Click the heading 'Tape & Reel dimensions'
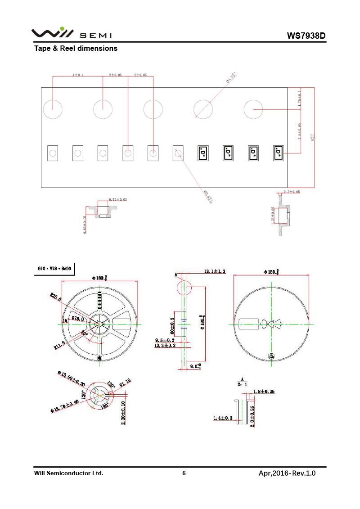pos(76,48)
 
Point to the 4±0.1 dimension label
pos(78,75)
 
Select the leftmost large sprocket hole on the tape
pos(52,109)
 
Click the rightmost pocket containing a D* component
pos(279,153)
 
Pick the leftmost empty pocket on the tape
pos(53,153)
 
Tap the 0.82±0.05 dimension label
pos(118,199)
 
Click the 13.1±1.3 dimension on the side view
pos(215,271)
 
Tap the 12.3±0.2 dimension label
pos(165,345)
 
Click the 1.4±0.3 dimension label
pos(223,419)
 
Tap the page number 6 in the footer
pos(184,473)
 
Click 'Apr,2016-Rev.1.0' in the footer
pos(287,473)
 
